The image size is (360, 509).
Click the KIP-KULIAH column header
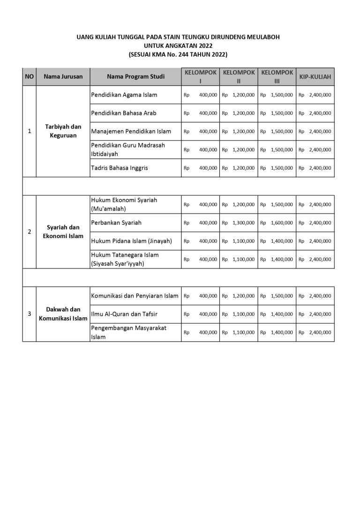[315, 76]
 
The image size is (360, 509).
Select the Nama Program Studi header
[135, 76]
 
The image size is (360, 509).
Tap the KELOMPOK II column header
[239, 76]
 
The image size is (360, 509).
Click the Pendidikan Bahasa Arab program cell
[124, 113]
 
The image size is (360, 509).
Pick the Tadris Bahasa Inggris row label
[120, 168]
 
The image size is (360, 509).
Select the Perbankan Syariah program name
[116, 223]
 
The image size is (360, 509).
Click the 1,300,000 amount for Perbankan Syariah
[243, 223]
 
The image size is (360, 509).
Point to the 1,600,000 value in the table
[282, 223]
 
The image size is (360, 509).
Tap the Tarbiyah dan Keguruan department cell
[63, 131]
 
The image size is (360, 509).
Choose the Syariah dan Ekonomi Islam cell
[63, 232]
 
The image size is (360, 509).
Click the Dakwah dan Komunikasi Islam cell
[63, 314]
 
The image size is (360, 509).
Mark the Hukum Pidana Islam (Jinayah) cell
[132, 241]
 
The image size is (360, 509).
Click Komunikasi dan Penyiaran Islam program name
[135, 296]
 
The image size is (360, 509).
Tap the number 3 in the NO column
[30, 314]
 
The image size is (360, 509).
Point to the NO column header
[29, 76]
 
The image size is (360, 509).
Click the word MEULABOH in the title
[263, 37]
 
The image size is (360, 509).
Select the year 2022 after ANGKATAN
[205, 45]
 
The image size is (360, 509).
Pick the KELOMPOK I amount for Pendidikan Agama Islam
[208, 95]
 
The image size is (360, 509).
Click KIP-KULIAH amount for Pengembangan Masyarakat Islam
[320, 332]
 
